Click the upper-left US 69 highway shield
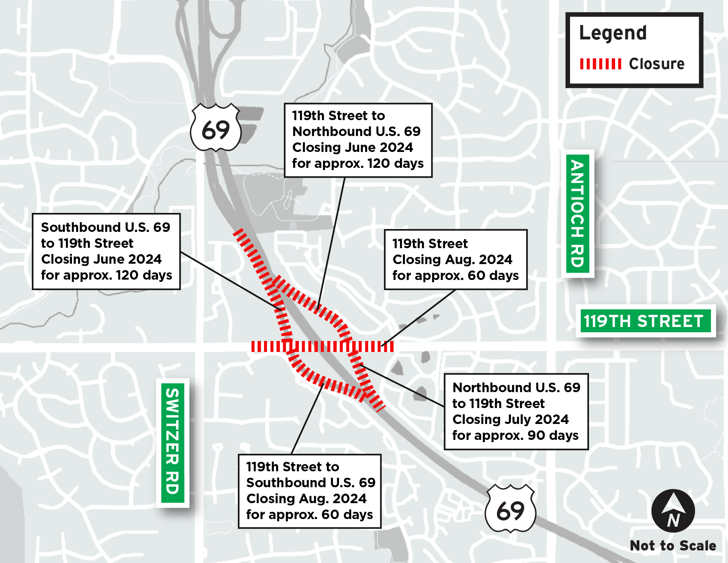(216, 128)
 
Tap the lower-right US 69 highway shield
(510, 508)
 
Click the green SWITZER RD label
(173, 443)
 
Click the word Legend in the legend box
(613, 33)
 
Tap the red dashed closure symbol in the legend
(600, 64)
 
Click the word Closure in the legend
(656, 64)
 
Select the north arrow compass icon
(673, 511)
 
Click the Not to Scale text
(673, 546)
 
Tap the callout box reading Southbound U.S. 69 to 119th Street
(106, 251)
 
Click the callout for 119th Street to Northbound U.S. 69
(358, 140)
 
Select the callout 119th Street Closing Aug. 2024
(456, 260)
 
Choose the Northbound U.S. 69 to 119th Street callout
(516, 411)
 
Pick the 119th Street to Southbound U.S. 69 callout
(309, 491)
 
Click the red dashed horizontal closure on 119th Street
(322, 346)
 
